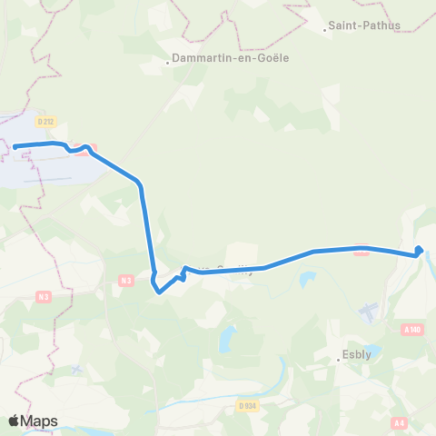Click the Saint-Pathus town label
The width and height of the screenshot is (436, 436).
click(365, 26)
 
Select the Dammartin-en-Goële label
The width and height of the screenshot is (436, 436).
click(210, 62)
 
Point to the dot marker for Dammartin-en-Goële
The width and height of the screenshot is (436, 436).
click(169, 63)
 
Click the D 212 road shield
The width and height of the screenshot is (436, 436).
click(46, 120)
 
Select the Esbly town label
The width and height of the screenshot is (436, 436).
click(358, 357)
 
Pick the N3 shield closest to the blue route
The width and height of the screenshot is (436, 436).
click(126, 281)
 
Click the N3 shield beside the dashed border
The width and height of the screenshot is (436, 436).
click(44, 296)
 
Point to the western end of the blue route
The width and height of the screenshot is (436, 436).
click(15, 147)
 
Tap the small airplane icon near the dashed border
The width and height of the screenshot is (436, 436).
click(77, 369)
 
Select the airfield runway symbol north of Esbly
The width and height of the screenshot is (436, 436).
click(368, 312)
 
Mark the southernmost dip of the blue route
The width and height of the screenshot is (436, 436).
click(160, 292)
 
